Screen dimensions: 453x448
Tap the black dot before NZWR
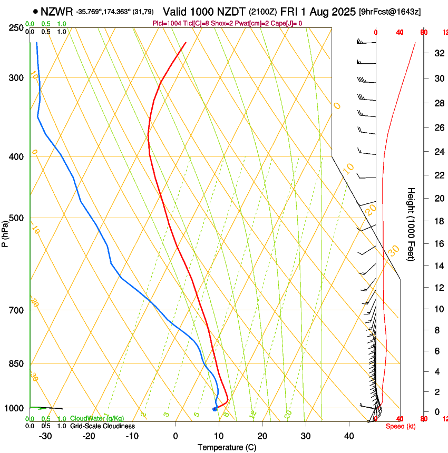pos(35,11)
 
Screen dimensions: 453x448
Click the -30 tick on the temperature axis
pos(45,436)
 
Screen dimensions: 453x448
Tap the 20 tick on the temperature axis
pos(262,436)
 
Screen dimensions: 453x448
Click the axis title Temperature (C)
pos(227,447)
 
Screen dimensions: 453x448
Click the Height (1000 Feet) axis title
pos(412,224)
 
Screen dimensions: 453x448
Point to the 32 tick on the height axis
pos(438,53)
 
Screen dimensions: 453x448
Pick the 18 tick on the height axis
pos(438,221)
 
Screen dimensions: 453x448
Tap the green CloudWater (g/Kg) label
pos(97,418)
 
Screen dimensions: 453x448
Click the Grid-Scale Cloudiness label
pos(102,426)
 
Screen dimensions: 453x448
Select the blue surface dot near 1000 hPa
pos(215,409)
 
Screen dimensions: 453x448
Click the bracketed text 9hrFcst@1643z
pos(388,12)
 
